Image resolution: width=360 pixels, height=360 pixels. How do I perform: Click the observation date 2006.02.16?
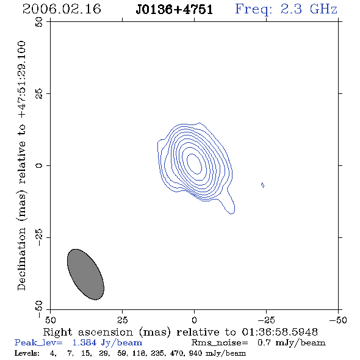point(62,9)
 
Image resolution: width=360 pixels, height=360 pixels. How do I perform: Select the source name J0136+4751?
point(175,10)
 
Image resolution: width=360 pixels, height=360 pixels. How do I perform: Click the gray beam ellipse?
point(85,275)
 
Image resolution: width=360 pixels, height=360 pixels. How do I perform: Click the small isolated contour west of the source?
point(262,185)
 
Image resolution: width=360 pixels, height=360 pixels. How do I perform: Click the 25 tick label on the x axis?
point(123,320)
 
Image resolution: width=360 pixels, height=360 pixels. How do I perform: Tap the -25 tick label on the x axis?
point(266,320)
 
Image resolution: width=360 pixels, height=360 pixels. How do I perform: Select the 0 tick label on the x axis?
point(194,320)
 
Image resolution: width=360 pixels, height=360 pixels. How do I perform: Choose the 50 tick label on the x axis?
point(51,320)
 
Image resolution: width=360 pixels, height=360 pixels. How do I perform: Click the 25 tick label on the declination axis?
point(39,94)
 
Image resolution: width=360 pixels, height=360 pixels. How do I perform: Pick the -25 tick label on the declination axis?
point(39,237)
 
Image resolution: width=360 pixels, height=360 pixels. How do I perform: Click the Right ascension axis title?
point(180,333)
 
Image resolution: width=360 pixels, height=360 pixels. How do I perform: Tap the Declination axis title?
point(21,165)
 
